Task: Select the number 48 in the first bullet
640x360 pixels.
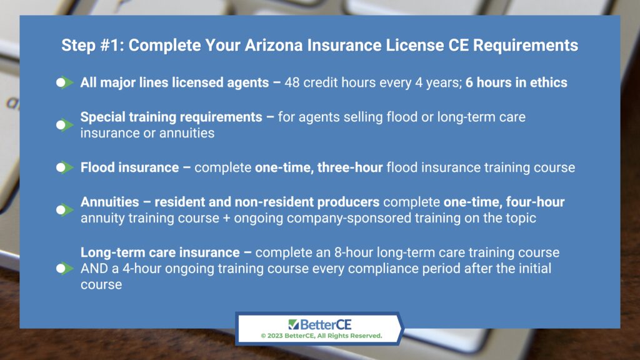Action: [x=292, y=82]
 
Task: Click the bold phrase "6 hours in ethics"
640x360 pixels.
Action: [x=516, y=82]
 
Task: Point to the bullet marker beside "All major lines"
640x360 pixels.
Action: [x=64, y=83]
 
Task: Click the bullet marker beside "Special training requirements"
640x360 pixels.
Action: [x=64, y=125]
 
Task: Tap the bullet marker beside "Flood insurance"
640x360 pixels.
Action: [x=64, y=167]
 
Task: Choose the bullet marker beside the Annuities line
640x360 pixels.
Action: [x=64, y=210]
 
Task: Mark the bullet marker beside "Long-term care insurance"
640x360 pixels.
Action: [x=64, y=269]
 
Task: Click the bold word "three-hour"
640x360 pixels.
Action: [x=350, y=167]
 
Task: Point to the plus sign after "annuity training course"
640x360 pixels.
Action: [x=226, y=218]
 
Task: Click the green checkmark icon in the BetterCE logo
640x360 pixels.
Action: [x=294, y=324]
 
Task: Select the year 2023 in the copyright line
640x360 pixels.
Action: [x=275, y=336]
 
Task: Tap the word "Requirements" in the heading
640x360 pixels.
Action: [x=525, y=45]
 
